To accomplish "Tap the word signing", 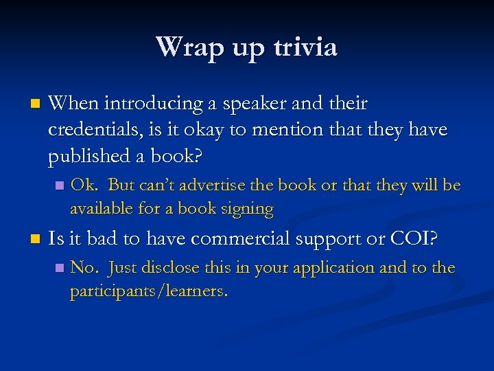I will coord(246,208).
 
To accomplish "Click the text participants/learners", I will coord(149,291).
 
